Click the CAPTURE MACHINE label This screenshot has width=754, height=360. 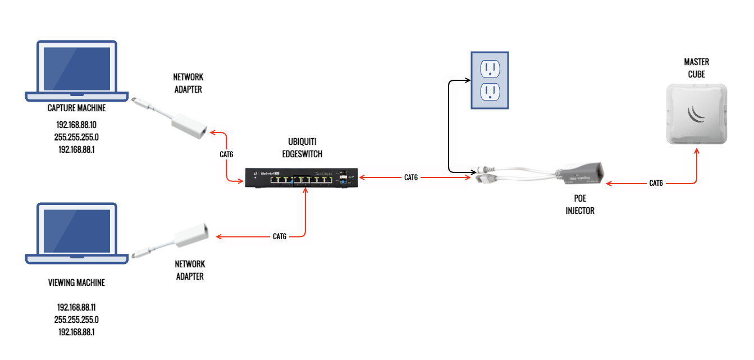click(x=77, y=108)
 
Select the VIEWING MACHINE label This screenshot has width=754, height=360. click(x=77, y=282)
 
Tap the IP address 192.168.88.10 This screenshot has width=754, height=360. click(x=77, y=125)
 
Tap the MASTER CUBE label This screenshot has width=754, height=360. click(x=696, y=68)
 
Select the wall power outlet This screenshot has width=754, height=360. click(x=490, y=80)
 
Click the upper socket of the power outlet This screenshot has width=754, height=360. click(x=490, y=69)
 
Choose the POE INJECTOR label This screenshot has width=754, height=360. click(x=579, y=205)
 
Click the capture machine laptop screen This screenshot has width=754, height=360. click(x=77, y=68)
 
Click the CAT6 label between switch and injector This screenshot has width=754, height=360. click(x=411, y=177)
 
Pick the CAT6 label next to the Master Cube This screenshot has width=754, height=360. click(x=656, y=183)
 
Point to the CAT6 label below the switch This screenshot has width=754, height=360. click(x=280, y=236)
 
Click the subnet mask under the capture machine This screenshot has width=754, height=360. click(x=77, y=137)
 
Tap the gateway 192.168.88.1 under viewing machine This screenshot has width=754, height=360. click(x=77, y=332)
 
